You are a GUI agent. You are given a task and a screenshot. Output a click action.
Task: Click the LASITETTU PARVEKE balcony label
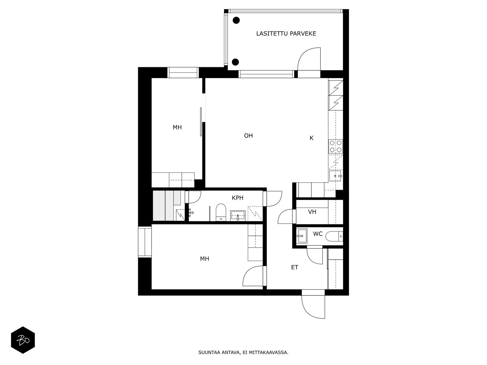coord(286,34)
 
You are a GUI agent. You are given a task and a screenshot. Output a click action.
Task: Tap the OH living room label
coord(248,136)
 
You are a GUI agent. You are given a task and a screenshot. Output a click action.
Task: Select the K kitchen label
coord(311,138)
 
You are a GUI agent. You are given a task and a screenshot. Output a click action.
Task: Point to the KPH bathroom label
coord(238,198)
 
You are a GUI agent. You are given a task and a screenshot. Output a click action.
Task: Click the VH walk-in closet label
coord(312,212)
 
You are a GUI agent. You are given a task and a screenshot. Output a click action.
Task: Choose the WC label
coord(318,234)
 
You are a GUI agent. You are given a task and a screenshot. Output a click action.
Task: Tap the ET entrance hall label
coord(295,267)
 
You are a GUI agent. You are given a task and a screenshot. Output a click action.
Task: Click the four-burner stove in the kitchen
coord(335,146)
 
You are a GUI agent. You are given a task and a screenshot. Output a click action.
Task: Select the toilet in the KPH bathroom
coord(221,212)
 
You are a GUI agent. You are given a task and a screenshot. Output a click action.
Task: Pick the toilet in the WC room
coord(334,236)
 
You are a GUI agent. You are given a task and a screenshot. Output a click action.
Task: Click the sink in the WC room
coord(302,236)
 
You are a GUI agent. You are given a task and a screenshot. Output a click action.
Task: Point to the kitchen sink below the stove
coord(335,176)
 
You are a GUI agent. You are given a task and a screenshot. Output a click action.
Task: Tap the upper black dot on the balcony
coord(236,20)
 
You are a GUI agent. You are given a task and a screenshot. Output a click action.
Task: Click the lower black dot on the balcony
coord(235,62)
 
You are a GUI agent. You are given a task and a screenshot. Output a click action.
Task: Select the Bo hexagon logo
coord(23,340)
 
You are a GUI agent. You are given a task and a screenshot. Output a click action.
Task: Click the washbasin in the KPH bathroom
coord(238,215)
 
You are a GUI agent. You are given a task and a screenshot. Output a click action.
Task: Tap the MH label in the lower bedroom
coord(205,259)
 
